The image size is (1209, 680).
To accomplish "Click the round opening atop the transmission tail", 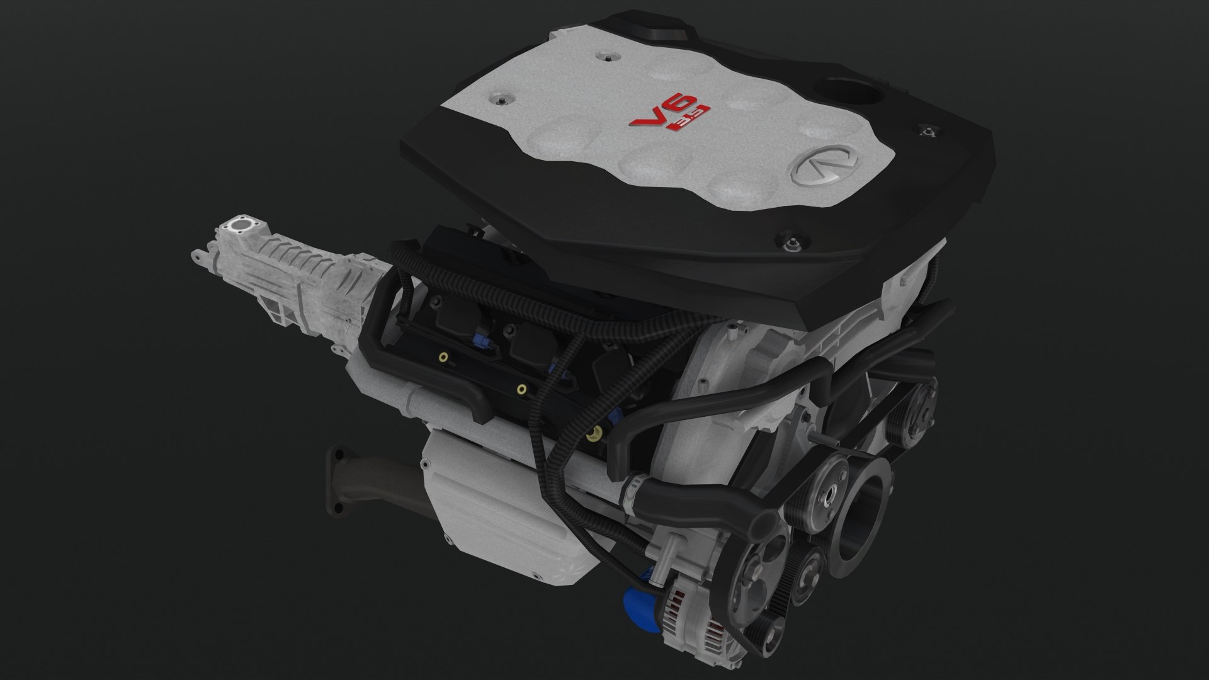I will (240, 225).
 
